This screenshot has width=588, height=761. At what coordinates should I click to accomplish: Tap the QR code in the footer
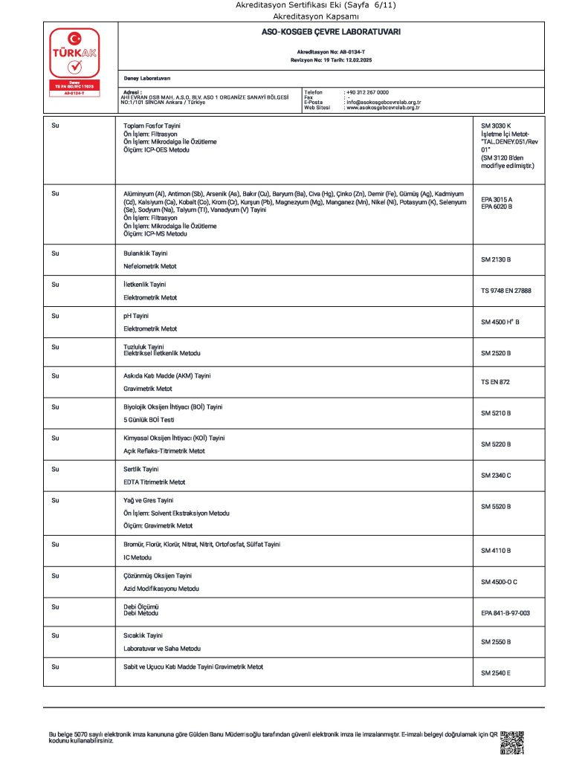pyautogui.click(x=512, y=742)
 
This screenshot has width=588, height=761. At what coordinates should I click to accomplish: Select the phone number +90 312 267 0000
pyautogui.click(x=367, y=91)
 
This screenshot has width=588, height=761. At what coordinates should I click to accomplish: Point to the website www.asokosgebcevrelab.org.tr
pyautogui.click(x=383, y=108)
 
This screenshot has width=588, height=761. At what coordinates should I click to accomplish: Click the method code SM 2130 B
pyautogui.click(x=496, y=260)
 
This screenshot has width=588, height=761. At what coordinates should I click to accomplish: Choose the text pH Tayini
pyautogui.click(x=136, y=316)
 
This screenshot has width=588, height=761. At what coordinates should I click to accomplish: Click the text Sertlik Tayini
pyautogui.click(x=141, y=470)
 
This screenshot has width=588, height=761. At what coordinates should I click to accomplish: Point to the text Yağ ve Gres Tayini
pyautogui.click(x=148, y=500)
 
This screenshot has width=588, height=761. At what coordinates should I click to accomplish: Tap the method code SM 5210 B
pyautogui.click(x=496, y=412)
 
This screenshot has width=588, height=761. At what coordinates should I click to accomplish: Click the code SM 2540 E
pyautogui.click(x=496, y=673)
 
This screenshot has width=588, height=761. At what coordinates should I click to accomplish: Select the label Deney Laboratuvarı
pyautogui.click(x=147, y=78)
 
